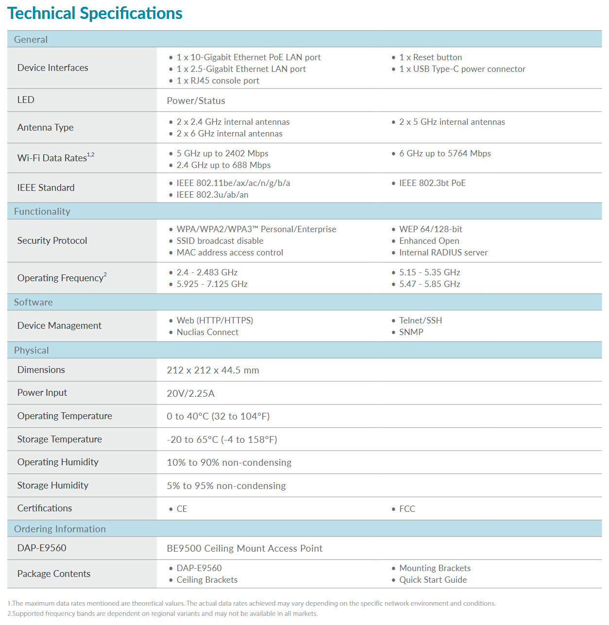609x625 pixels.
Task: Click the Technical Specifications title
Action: (x=95, y=14)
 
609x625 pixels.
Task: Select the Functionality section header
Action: (x=42, y=211)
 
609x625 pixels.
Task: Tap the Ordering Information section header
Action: (x=60, y=529)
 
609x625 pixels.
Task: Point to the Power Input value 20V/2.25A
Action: (x=190, y=393)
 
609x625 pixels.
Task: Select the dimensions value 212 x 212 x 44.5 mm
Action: (x=213, y=370)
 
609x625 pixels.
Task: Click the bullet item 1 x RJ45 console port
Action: (x=218, y=81)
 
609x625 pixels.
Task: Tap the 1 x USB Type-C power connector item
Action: (x=462, y=69)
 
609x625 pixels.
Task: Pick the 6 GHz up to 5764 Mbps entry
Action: (x=445, y=153)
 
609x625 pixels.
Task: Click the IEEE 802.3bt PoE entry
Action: (x=432, y=183)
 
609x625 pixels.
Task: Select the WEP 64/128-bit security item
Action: (x=430, y=229)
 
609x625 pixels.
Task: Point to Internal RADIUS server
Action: (x=443, y=253)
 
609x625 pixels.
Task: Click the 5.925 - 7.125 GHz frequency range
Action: (x=212, y=284)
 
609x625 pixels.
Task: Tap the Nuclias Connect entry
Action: (x=207, y=332)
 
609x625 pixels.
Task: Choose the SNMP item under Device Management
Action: (x=411, y=332)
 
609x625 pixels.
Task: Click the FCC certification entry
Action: (x=407, y=509)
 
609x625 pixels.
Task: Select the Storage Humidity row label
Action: (x=53, y=485)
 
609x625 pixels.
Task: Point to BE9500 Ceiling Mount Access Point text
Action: (x=244, y=548)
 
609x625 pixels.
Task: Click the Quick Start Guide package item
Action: (x=433, y=580)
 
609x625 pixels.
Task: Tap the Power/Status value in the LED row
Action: (x=196, y=101)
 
